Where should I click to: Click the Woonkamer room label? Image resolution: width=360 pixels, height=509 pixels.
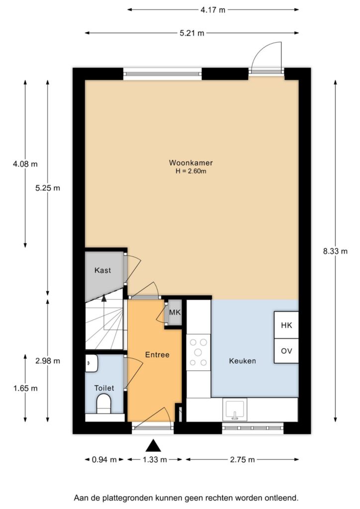pos(190,163)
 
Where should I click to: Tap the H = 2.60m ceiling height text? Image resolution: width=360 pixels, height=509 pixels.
pos(191,171)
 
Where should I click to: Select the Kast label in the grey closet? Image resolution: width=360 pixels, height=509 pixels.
pos(102,270)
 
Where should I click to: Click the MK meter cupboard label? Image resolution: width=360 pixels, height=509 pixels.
pos(175,313)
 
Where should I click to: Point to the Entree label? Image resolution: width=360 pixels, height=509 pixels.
pos(157,355)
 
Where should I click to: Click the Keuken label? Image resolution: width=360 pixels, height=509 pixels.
pos(243,361)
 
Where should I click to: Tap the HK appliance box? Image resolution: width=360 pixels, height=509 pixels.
pos(286,325)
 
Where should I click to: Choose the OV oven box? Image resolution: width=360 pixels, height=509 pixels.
pos(286,351)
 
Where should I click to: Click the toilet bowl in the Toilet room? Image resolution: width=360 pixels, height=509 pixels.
pos(104,404)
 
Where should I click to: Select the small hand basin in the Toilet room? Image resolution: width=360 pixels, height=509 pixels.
pos(91,363)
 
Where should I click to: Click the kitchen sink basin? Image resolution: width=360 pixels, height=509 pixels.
pos(235,410)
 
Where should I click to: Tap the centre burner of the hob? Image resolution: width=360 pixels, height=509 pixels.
pos(198,352)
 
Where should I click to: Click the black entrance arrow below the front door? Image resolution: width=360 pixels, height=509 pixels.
pos(153,446)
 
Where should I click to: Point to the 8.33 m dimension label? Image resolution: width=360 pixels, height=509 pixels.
pos(335,251)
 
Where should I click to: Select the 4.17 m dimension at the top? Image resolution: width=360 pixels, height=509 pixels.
pos(213,10)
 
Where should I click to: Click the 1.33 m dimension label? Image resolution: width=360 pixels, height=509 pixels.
pos(155,459)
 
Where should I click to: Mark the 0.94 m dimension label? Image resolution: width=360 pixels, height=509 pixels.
pos(104,459)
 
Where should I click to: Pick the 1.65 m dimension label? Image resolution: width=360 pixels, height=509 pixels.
pos(25,388)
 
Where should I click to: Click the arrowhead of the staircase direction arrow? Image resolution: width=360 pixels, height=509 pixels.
pos(104,298)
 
